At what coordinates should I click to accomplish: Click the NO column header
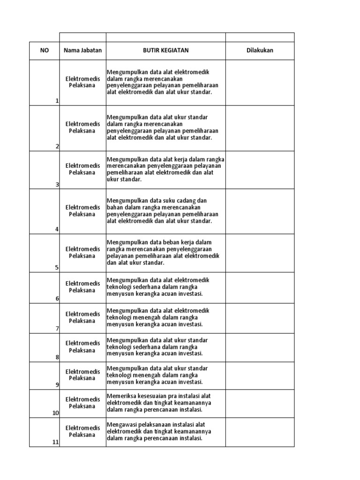pos(45,51)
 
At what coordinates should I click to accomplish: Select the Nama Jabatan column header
pos(82,51)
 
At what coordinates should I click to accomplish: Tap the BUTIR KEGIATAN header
pos(166,51)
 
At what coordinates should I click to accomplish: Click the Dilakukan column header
pos(260,51)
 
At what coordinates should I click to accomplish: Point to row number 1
pos(57,101)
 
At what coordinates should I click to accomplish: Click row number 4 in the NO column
pos(57,229)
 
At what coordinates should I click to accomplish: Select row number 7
pos(57,329)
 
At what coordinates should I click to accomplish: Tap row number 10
pos(56,413)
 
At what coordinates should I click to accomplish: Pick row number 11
pos(56,442)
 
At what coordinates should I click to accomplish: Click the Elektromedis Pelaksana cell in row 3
pos(82,169)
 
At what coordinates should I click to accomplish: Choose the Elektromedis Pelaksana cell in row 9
pos(82,375)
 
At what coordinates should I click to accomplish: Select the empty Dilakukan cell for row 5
pos(260,253)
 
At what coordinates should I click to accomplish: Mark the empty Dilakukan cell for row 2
pos(260,128)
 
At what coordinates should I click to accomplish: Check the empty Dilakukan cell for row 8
pos(260,347)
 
